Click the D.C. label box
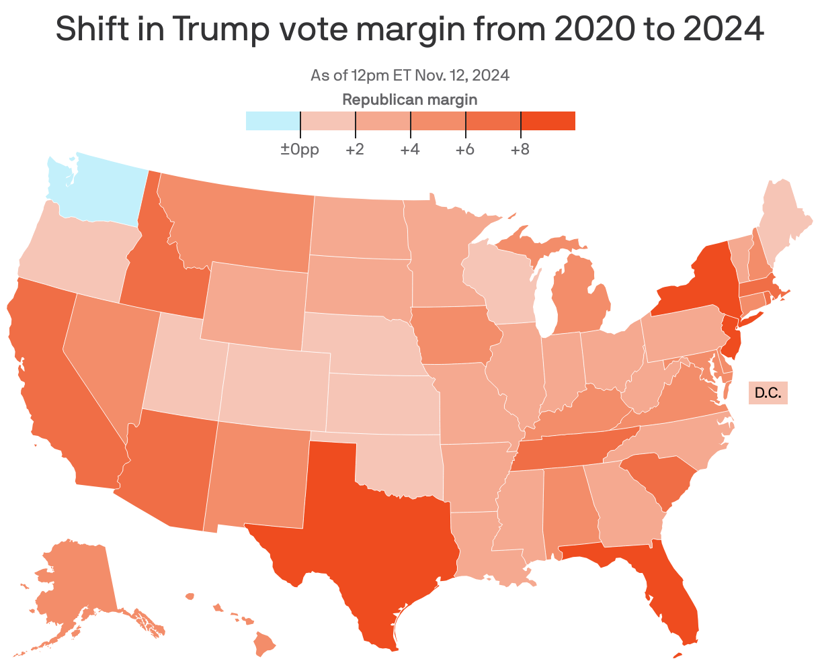[x=768, y=392]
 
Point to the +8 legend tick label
[x=519, y=149]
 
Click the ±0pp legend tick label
[x=300, y=149]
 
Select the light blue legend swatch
[x=272, y=121]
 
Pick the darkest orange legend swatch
[x=548, y=121]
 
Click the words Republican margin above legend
[x=410, y=100]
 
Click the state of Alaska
[x=74, y=584]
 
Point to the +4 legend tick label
[x=409, y=149]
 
